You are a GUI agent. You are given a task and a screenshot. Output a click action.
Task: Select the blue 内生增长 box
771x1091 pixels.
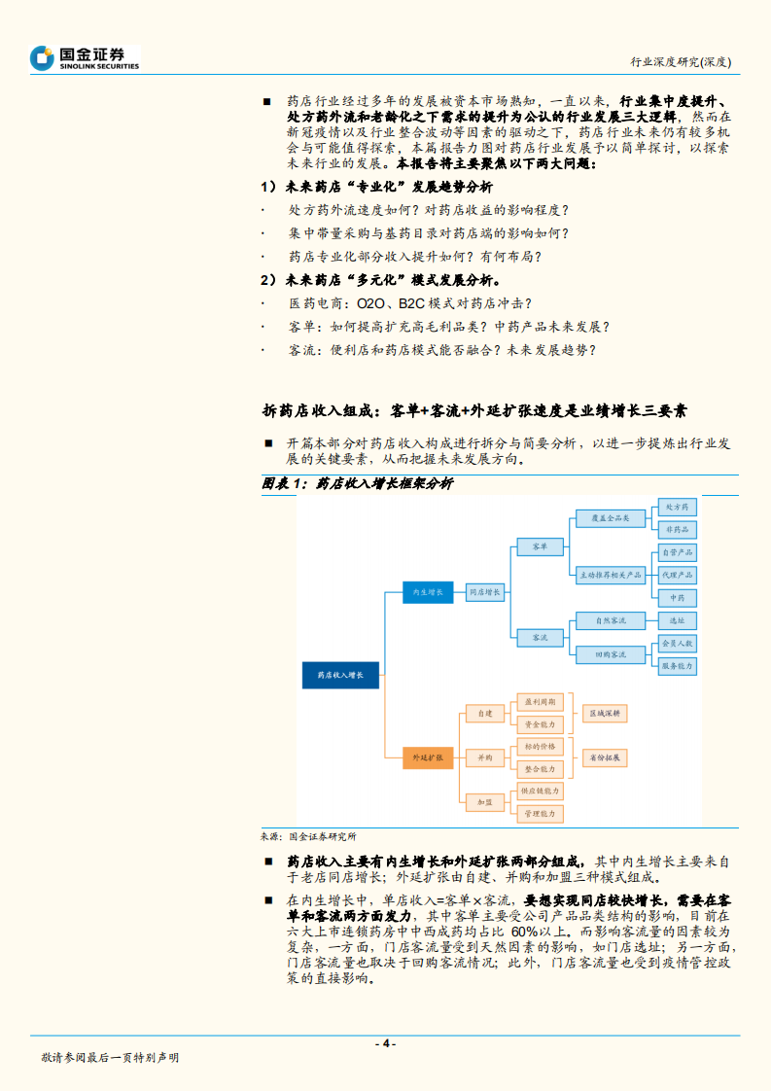point(428,591)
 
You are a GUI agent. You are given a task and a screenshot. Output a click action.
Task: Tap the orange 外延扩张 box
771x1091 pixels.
point(428,756)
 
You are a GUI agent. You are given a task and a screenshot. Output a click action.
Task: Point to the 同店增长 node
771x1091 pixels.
point(485,591)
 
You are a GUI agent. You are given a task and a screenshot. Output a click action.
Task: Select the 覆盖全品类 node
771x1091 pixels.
point(610,518)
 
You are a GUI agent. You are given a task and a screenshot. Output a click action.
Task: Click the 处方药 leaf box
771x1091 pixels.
point(677,508)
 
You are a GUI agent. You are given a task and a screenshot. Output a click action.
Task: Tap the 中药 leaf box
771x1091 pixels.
point(677,597)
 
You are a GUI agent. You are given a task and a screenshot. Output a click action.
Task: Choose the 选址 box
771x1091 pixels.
point(677,619)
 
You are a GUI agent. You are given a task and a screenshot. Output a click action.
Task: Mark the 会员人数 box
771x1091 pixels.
point(677,643)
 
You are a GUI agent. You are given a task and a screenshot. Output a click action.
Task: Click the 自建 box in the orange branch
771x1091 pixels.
point(484,713)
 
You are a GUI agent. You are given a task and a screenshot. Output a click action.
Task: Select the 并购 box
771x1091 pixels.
point(484,756)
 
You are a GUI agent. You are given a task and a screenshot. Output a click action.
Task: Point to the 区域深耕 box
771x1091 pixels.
point(604,713)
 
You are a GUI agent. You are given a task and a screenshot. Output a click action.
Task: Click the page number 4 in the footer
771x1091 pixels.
point(386,1043)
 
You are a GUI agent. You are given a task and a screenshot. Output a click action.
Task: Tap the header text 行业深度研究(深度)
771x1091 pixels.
point(681,61)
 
